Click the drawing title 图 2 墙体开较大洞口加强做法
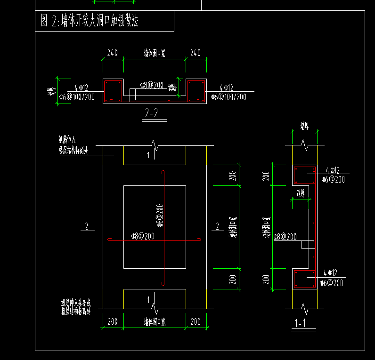[x=89, y=21]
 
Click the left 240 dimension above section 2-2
[x=113, y=53]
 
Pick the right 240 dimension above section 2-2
[x=196, y=53]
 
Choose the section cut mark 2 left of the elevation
[x=86, y=227]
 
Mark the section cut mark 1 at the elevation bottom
[x=148, y=299]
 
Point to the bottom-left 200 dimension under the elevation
[x=113, y=322]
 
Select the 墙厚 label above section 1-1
[x=304, y=126]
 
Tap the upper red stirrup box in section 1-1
[x=304, y=175]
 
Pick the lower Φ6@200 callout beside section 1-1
[x=332, y=283]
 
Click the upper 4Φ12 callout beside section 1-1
[x=332, y=170]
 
